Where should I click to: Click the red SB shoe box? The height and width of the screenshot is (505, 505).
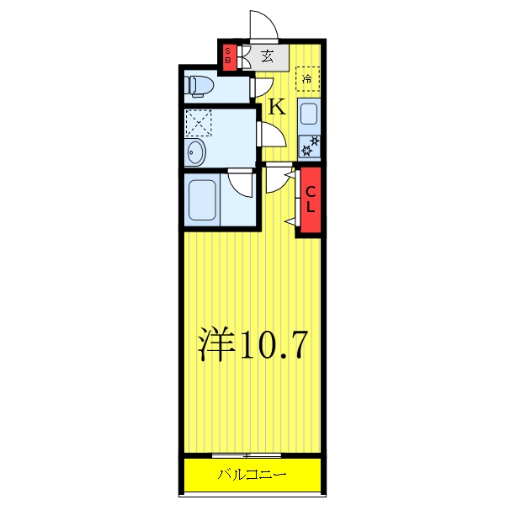pos(227,57)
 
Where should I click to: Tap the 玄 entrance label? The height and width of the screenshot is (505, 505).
pos(267,57)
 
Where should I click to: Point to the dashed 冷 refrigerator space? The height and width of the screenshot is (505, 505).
pos(308,79)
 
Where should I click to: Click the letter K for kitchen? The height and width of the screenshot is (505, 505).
pos(277,107)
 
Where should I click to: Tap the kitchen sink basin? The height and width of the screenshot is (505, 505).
pos(308,114)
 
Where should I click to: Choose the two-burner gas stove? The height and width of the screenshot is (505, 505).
pos(309,145)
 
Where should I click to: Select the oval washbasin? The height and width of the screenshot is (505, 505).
pos(197,153)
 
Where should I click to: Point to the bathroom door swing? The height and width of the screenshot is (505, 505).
pos(242,182)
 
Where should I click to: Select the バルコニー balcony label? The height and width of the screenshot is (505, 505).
pos(252,475)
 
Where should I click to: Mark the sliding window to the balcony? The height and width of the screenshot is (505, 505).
pos(252,455)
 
